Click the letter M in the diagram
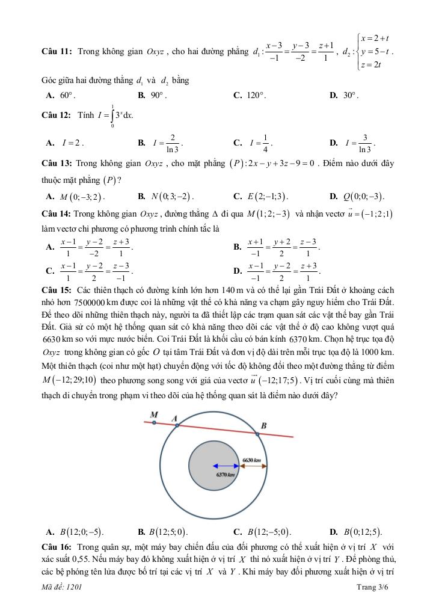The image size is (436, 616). (x=154, y=414)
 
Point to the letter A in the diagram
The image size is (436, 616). (x=174, y=418)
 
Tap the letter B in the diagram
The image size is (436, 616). (x=263, y=425)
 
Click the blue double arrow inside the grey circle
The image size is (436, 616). (x=226, y=465)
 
